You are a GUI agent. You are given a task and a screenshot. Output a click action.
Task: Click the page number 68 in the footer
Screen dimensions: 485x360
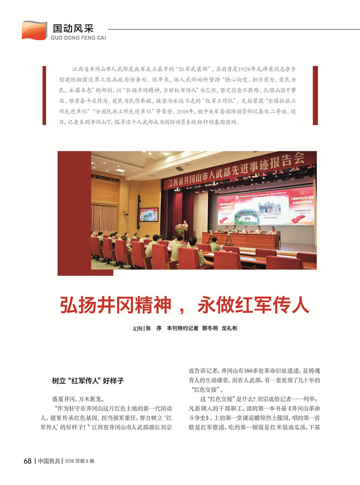pos(27,461)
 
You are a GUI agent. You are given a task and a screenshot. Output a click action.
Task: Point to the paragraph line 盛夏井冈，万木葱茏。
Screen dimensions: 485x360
pos(74,399)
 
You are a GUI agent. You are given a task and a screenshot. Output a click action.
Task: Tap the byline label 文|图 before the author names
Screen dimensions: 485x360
pos(138,329)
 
